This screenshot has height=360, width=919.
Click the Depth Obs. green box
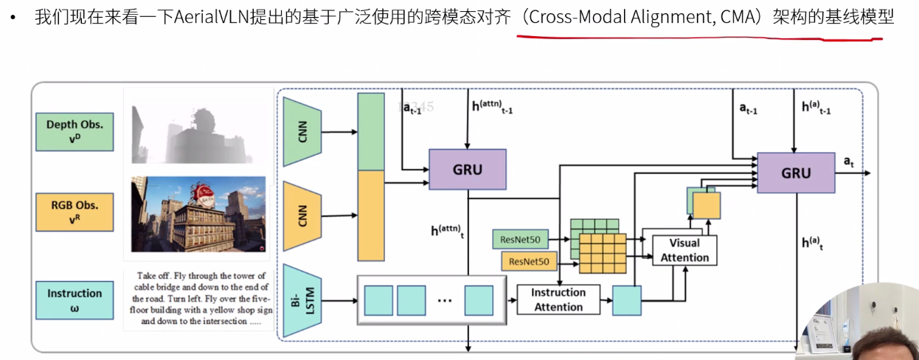click(x=74, y=130)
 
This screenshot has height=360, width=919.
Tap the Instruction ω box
click(x=74, y=300)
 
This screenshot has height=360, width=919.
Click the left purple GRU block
click(x=467, y=170)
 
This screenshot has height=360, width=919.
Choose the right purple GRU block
click(x=795, y=173)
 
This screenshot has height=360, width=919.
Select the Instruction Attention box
click(x=558, y=300)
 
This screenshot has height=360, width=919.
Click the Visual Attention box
click(x=684, y=250)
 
